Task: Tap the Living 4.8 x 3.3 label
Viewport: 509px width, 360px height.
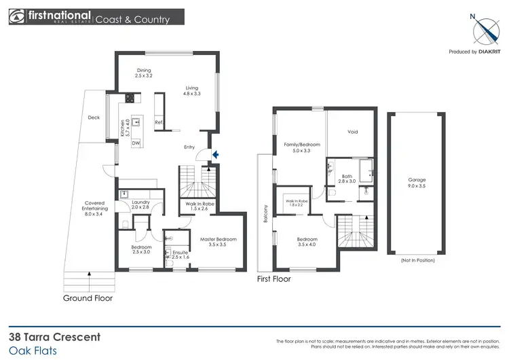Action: (x=192, y=91)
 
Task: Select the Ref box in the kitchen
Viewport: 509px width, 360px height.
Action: (x=158, y=122)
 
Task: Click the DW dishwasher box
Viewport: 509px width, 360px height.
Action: (x=136, y=143)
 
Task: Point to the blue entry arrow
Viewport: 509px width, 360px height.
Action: (x=215, y=156)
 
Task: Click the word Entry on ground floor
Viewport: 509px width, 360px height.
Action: (x=189, y=147)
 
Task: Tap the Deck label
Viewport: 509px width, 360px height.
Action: (x=94, y=118)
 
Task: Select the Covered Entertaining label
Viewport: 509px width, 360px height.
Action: (x=94, y=206)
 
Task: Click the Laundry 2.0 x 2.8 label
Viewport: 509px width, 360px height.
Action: (x=140, y=205)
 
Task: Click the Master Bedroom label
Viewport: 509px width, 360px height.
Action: (x=218, y=242)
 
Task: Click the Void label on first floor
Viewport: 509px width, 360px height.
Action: (x=352, y=132)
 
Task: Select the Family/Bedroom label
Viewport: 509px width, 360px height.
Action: (x=301, y=147)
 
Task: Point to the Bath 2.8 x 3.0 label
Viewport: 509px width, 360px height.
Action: (x=347, y=179)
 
